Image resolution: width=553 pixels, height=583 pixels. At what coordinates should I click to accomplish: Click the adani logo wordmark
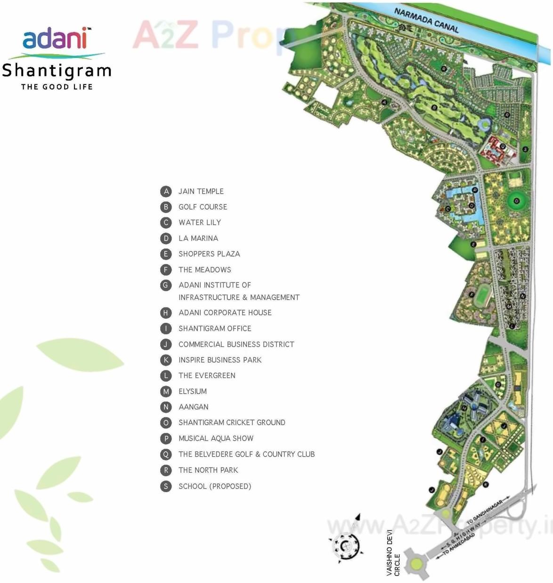[56, 38]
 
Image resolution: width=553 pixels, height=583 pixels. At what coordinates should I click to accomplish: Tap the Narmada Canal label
[426, 20]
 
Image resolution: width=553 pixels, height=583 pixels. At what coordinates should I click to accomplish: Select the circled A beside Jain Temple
[166, 191]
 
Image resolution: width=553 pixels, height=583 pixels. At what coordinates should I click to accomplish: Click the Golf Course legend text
[203, 207]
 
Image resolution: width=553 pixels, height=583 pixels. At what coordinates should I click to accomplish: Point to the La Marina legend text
[198, 238]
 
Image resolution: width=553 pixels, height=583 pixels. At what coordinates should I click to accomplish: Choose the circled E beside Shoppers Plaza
[166, 254]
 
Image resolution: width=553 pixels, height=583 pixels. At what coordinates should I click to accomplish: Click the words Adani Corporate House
[225, 312]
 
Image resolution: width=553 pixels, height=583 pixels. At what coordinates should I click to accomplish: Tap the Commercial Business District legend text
[236, 345]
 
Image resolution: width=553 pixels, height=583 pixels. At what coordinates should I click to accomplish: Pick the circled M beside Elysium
[166, 391]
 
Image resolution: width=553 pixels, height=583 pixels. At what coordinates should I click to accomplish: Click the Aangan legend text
[194, 407]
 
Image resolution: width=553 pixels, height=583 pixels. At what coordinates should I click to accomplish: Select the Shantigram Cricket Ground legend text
[232, 423]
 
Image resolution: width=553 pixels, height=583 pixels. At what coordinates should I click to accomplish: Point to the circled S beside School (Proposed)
[166, 486]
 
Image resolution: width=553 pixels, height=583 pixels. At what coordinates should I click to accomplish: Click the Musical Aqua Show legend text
[216, 438]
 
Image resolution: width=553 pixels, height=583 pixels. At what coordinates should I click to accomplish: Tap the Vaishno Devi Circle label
[393, 553]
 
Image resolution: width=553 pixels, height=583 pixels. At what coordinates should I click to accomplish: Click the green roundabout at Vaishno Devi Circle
[416, 563]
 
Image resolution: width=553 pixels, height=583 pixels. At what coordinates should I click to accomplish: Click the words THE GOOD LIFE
[57, 87]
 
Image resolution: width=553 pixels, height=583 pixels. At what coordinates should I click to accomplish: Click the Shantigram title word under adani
[57, 71]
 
